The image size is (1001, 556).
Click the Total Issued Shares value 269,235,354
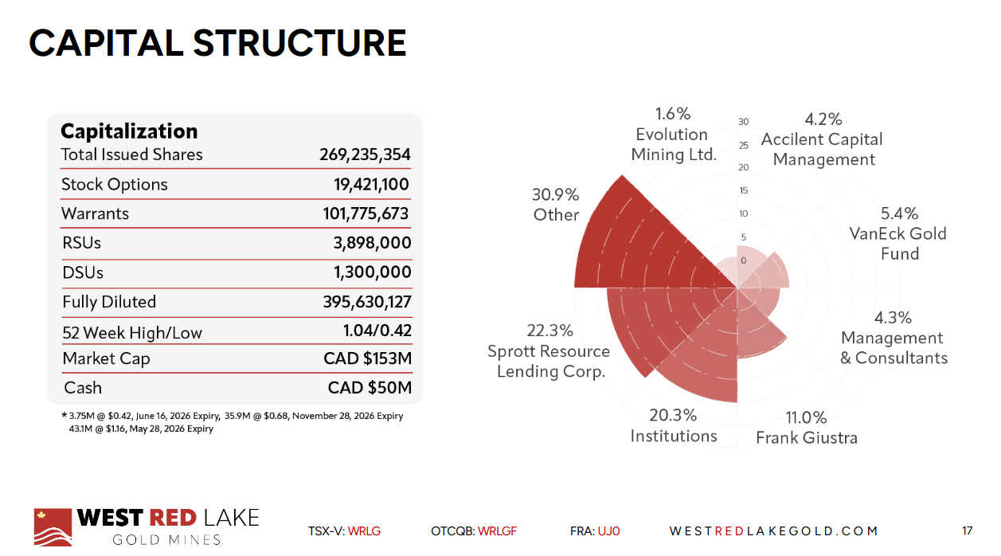click(x=365, y=155)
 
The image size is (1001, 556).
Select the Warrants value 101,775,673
click(x=361, y=213)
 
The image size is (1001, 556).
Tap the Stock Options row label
click(x=115, y=184)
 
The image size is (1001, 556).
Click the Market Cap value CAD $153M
click(x=367, y=358)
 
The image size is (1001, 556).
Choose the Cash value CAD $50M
click(x=370, y=388)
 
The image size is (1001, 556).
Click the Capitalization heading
click(x=129, y=131)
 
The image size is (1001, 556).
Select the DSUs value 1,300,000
click(x=372, y=272)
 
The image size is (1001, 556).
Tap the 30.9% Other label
click(x=556, y=205)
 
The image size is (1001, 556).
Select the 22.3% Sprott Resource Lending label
click(x=549, y=351)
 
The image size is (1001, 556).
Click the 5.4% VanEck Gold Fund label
click(x=898, y=233)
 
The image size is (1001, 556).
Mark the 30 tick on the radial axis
click(x=743, y=122)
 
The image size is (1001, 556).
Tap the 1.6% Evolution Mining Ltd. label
click(x=673, y=134)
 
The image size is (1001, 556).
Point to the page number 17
click(x=968, y=531)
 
